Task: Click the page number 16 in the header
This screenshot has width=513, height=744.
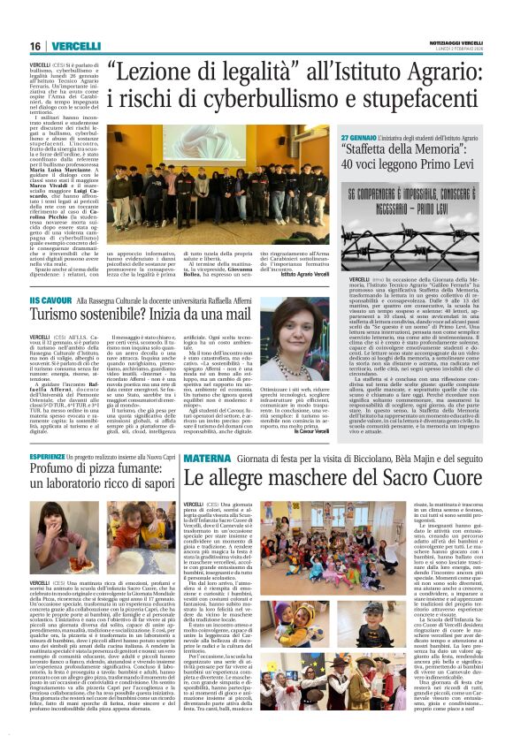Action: (35, 46)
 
